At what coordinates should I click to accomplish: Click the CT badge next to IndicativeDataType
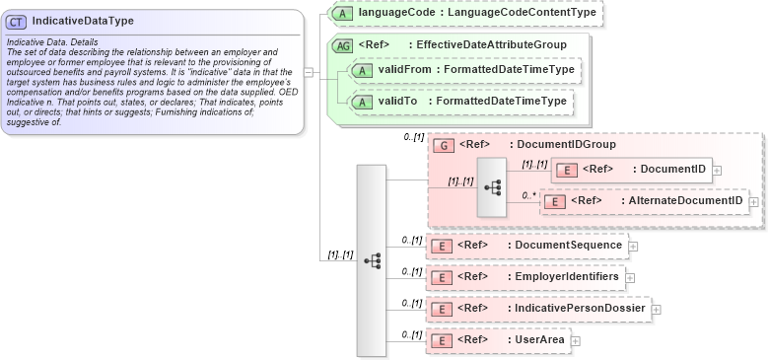(17, 21)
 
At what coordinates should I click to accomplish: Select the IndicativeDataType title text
(83, 21)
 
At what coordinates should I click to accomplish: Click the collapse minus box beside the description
(309, 71)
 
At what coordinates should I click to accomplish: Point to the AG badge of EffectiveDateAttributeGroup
(343, 45)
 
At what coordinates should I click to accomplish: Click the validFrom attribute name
(405, 70)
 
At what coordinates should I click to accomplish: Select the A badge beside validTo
(362, 101)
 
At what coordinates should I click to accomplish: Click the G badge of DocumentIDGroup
(445, 145)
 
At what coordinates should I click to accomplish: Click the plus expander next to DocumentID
(717, 170)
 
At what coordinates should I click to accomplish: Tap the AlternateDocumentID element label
(682, 201)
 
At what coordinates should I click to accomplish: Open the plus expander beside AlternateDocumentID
(753, 202)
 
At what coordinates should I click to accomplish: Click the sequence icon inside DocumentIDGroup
(491, 185)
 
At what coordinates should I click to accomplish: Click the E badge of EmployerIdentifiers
(445, 277)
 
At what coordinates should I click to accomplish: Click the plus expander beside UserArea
(576, 341)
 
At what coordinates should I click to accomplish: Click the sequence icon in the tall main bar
(372, 260)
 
